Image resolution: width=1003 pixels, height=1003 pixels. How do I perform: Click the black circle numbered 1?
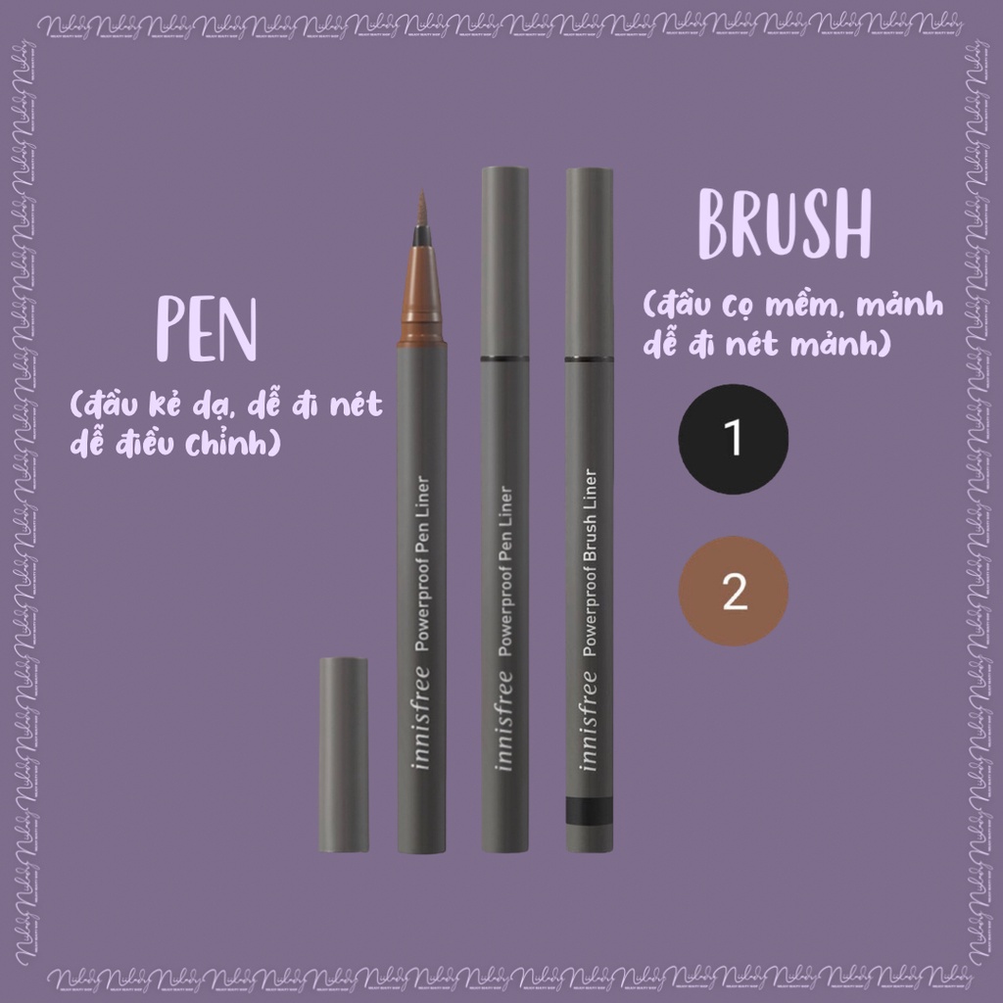(735, 438)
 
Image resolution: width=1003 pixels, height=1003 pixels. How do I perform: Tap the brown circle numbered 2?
(735, 591)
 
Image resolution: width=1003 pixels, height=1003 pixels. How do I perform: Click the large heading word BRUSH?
(784, 228)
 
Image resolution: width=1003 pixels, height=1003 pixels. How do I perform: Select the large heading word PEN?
(207, 331)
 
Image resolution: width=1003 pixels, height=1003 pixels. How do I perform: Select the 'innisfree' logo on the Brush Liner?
(590, 720)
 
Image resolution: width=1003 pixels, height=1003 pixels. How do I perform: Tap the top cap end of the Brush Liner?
(590, 176)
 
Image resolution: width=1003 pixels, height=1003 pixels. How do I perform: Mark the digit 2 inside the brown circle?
(735, 592)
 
